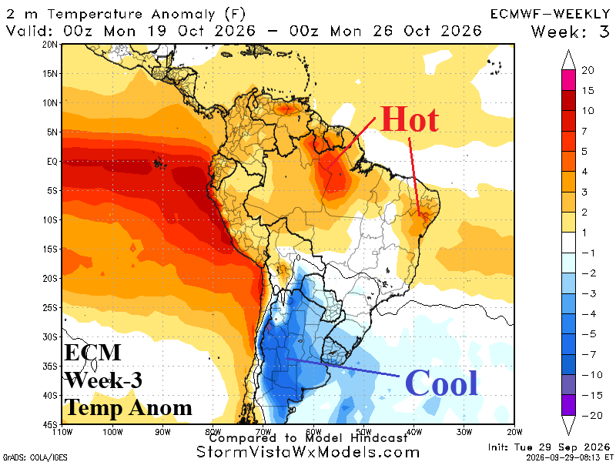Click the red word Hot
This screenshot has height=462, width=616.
pos(410,119)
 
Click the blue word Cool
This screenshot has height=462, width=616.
pos(441,383)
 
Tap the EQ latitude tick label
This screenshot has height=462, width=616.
pos(52,162)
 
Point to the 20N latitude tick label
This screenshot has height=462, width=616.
pos(50,45)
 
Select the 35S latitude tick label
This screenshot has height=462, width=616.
pos(50,367)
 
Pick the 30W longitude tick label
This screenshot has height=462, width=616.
pos(464,432)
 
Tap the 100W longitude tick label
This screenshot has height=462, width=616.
pos(112,432)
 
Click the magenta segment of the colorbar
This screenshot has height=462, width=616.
pos(568,80)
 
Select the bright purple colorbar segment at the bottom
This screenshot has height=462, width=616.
pos(568,405)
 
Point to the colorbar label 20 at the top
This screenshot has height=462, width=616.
pos(588,70)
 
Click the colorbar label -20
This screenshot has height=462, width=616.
pos(592,415)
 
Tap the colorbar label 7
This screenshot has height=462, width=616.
pos(584,131)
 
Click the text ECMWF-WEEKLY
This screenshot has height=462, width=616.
pos(550,14)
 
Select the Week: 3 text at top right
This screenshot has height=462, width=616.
pos(571,32)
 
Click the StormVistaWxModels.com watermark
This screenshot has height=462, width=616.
pos(307,452)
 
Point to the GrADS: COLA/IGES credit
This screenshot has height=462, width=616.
pos(35,457)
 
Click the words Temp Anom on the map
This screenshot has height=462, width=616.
pos(129,407)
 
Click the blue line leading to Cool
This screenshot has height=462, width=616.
pos(343,367)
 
